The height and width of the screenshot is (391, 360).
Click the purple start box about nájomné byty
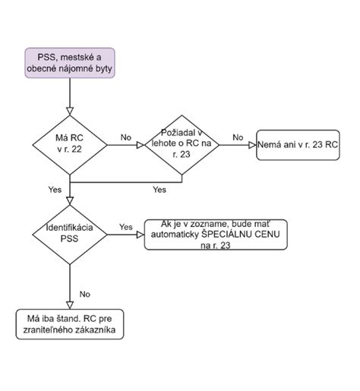click(x=70, y=63)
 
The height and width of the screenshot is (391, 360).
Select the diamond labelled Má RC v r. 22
click(x=70, y=145)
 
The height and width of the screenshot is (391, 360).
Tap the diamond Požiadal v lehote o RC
click(x=182, y=145)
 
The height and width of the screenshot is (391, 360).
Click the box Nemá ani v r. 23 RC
click(x=298, y=145)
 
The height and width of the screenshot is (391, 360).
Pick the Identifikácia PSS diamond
click(x=70, y=235)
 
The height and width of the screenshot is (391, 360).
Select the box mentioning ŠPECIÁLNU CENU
click(x=216, y=235)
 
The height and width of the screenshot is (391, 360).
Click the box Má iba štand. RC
click(x=70, y=324)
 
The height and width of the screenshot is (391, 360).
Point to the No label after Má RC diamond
click(x=126, y=137)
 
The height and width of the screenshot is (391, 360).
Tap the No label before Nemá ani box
click(x=238, y=137)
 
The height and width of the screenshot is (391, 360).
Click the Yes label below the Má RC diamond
click(x=55, y=190)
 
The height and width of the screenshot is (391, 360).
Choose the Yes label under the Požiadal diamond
click(x=159, y=190)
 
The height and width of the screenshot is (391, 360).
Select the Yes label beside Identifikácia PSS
click(x=126, y=227)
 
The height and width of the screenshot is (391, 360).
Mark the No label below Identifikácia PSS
click(x=85, y=294)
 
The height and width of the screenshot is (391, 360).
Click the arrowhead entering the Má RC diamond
click(x=70, y=112)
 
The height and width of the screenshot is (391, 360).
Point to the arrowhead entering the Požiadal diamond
click(x=141, y=145)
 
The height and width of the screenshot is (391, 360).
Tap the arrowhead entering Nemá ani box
click(x=252, y=145)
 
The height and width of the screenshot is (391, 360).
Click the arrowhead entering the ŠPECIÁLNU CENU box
click(x=141, y=235)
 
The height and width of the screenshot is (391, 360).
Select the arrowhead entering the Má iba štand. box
click(x=70, y=305)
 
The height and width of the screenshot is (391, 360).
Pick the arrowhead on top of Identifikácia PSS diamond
click(x=70, y=201)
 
